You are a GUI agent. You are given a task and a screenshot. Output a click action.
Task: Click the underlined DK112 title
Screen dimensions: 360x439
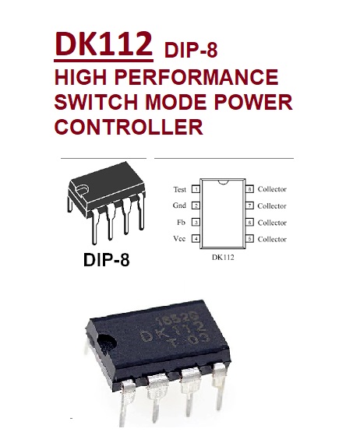(x=104, y=45)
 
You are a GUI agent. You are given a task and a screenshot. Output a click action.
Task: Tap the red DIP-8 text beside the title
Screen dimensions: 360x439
(x=191, y=50)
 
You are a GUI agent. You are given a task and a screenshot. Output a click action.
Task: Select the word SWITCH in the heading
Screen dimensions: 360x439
(x=96, y=102)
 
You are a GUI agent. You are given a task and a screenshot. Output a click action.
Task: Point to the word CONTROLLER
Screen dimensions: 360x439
(x=129, y=127)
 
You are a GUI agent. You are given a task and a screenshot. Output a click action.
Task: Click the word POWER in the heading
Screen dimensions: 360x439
(x=253, y=102)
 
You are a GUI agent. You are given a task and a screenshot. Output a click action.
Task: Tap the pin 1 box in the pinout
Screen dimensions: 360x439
(x=196, y=189)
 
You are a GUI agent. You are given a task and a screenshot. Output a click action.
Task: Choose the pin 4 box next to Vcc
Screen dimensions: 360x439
(x=196, y=239)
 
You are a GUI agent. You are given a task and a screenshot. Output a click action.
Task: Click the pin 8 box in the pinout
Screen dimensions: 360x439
(x=249, y=189)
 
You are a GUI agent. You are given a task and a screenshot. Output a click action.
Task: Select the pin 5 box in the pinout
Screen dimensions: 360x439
(x=249, y=239)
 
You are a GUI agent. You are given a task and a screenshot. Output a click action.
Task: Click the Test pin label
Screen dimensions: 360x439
(x=179, y=190)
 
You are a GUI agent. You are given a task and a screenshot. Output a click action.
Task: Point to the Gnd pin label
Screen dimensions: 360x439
(x=179, y=205)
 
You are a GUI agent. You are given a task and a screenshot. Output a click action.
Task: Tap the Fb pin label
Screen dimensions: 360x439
(x=181, y=223)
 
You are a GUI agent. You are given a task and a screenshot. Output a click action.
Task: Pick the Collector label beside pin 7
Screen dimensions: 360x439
(x=272, y=206)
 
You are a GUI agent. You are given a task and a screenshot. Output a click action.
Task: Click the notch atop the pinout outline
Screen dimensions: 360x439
(x=223, y=182)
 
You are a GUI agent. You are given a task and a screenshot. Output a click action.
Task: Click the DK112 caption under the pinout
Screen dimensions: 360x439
(x=223, y=258)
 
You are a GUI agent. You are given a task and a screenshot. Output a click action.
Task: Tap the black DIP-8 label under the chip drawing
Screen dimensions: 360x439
(x=107, y=259)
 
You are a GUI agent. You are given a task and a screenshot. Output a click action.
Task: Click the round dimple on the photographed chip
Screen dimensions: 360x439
(x=107, y=343)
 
